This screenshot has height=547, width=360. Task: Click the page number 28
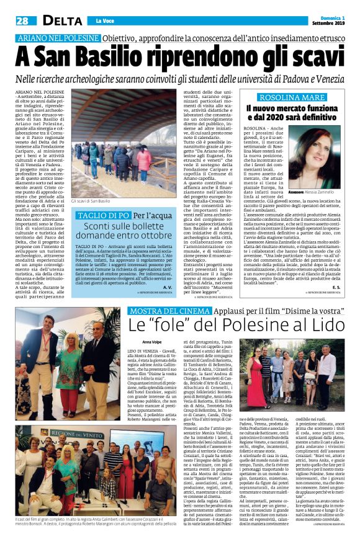(21, 21)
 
